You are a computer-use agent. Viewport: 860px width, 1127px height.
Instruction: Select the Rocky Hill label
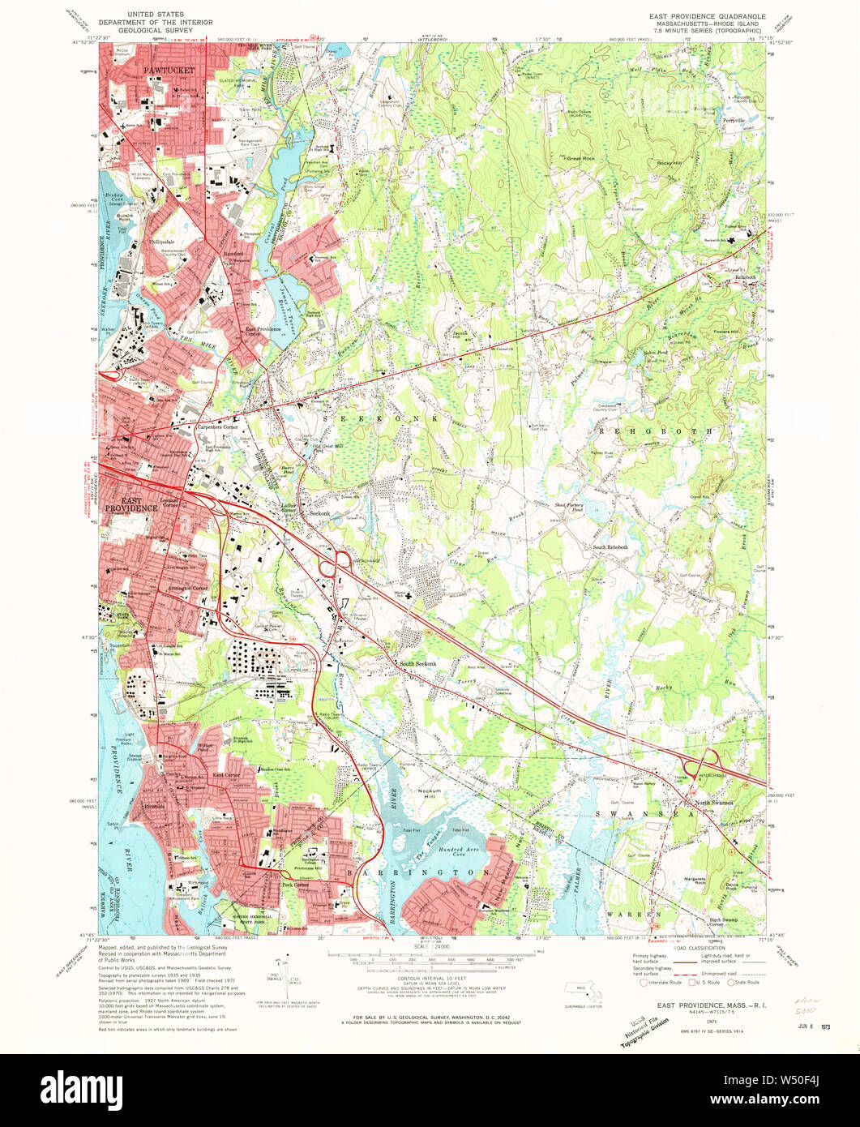pyautogui.click(x=671, y=163)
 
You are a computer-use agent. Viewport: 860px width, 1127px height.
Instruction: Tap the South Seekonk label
pyautogui.click(x=417, y=665)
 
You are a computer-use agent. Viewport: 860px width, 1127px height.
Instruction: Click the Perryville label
pyautogui.click(x=733, y=119)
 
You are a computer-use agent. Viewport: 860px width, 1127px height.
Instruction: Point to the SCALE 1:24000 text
pyautogui.click(x=430, y=946)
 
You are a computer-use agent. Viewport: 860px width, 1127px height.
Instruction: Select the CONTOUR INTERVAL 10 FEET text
pyautogui.click(x=430, y=979)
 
